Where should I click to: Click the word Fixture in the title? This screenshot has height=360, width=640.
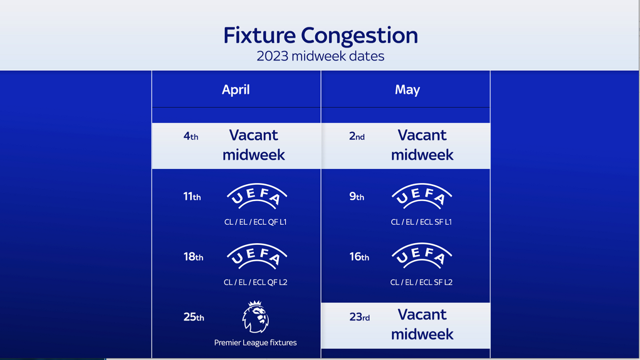click(x=260, y=35)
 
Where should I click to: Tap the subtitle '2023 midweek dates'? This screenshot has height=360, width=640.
click(x=320, y=56)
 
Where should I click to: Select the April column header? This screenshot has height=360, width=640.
click(x=236, y=90)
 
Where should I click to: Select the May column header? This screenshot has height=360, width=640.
click(x=408, y=90)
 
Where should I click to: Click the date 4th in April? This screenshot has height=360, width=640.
click(x=191, y=136)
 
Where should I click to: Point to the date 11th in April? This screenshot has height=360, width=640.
click(x=192, y=196)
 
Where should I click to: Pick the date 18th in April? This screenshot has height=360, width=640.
click(x=194, y=256)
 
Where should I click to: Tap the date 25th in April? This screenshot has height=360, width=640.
click(x=194, y=317)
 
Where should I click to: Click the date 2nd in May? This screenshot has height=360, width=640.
click(x=357, y=136)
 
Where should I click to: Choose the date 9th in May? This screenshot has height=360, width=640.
click(x=356, y=196)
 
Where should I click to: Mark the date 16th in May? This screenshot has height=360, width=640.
click(x=359, y=256)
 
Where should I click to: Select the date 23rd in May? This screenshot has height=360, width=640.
click(x=360, y=317)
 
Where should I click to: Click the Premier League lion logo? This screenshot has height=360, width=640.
click(x=256, y=316)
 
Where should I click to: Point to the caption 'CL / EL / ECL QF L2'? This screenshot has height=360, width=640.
click(x=256, y=282)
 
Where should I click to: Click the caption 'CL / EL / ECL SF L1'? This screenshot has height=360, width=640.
click(x=422, y=222)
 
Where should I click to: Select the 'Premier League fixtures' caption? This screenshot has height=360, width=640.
click(x=256, y=342)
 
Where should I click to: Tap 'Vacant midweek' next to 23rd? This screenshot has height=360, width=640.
click(x=422, y=324)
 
